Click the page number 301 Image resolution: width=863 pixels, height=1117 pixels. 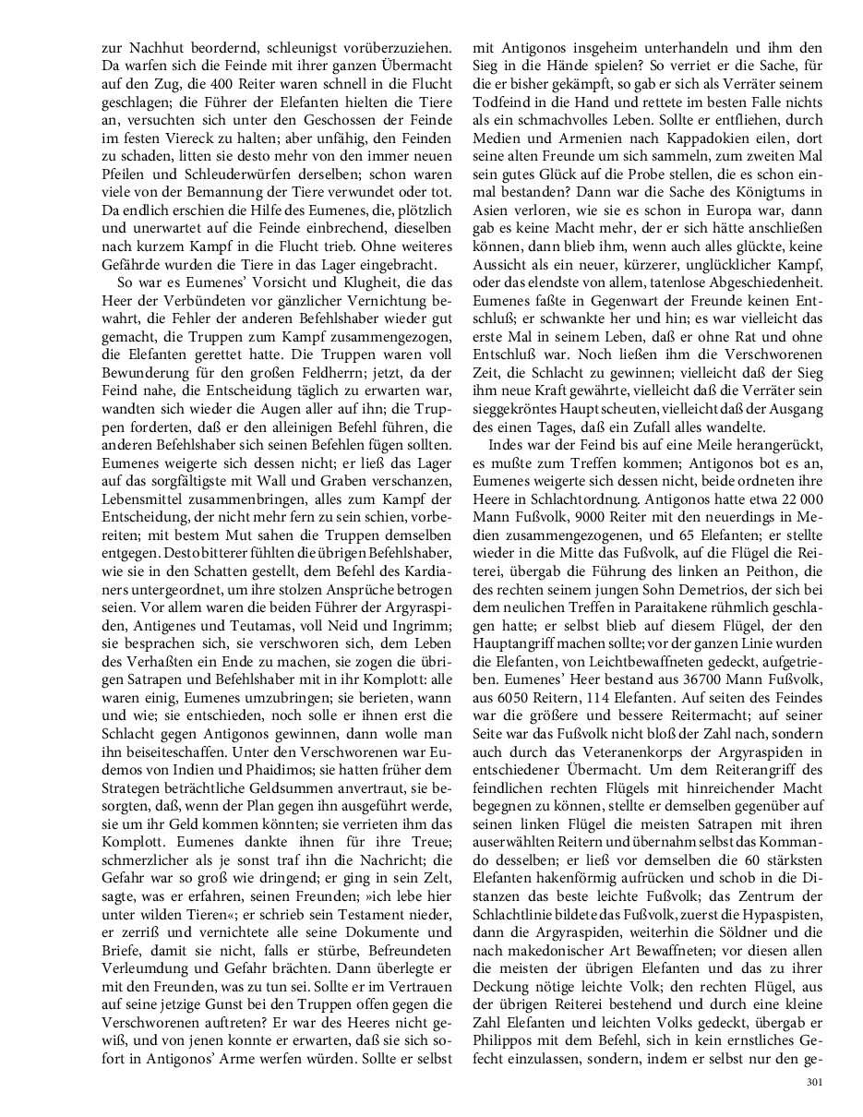(813, 1083)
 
